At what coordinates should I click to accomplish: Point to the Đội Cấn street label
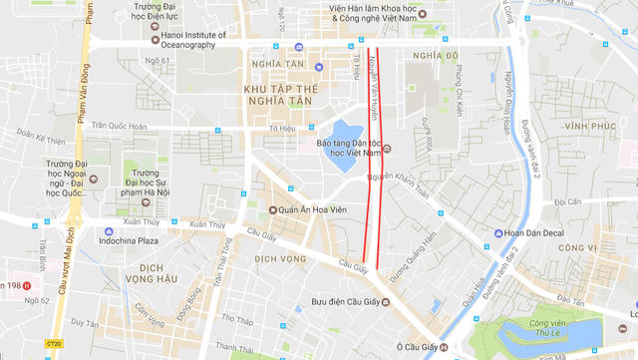[x=567, y=202]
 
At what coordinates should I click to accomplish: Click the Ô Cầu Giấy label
[x=417, y=347]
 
